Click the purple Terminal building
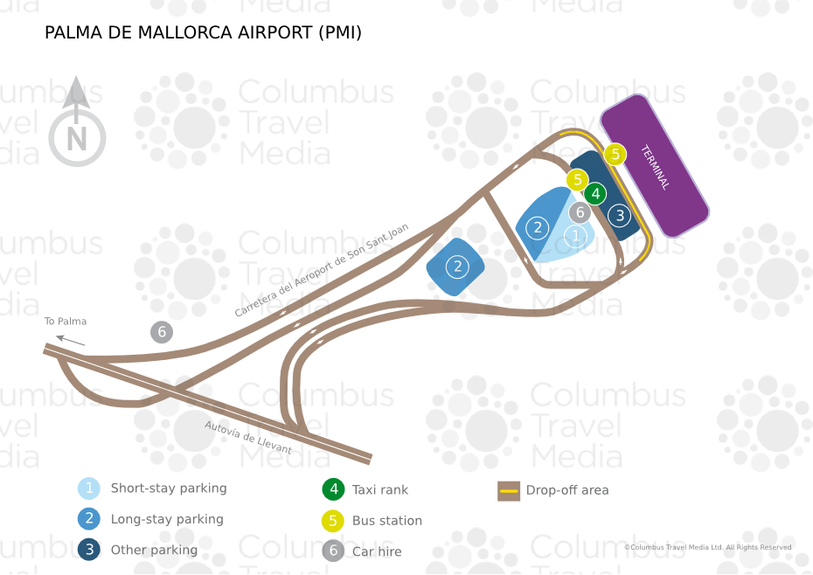[655, 166]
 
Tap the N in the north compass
[77, 139]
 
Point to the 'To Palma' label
[66, 321]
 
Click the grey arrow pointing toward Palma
[71, 341]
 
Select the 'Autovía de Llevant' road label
[248, 438]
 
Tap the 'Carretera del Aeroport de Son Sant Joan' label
[322, 270]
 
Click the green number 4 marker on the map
[595, 194]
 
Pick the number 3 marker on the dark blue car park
[620, 215]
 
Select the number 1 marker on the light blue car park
[575, 237]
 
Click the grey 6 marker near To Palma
[162, 332]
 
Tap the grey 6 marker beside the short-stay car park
[580, 212]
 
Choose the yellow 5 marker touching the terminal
[615, 154]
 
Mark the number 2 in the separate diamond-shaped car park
[457, 267]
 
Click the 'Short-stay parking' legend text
[169, 488]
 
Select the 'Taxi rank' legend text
[380, 490]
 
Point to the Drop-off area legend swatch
[509, 491]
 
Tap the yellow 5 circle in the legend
[333, 521]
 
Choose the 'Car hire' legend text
[377, 551]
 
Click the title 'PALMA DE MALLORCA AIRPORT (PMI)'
[203, 32]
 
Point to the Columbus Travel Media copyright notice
[708, 547]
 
